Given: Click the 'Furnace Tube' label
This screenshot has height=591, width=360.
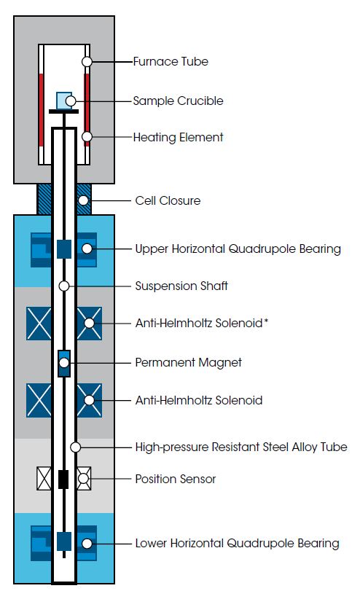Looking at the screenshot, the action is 171,61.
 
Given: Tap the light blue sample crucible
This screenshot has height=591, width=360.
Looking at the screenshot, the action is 63,101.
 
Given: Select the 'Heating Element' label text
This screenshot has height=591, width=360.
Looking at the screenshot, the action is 178,137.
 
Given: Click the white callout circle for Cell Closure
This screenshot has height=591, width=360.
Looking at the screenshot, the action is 83,200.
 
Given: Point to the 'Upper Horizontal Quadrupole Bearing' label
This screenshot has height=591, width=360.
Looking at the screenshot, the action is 238,248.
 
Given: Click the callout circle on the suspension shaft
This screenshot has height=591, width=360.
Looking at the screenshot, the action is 64,286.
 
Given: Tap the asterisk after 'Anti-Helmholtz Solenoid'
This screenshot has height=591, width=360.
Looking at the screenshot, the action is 266,321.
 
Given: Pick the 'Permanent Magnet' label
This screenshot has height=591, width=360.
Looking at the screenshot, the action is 189,363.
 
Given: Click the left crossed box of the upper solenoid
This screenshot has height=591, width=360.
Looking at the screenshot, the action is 39,324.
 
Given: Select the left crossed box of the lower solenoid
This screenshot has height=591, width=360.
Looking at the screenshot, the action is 39,400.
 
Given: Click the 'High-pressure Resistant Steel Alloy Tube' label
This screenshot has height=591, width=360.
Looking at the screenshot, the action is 241,447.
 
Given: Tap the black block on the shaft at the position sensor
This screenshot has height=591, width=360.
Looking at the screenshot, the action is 63,479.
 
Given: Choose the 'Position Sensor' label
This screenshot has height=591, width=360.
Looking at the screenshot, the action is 176,479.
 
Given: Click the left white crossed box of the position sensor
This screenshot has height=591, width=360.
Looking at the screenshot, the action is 44,479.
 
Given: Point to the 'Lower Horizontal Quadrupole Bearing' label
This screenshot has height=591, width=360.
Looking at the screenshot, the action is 237,544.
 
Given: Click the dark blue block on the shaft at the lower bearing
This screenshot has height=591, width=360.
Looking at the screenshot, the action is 64,541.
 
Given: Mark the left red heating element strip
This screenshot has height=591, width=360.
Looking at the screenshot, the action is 41,110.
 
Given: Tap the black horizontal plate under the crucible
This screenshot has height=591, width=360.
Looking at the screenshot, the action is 63,111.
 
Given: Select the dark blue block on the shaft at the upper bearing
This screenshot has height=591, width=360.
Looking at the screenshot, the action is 64,249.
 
